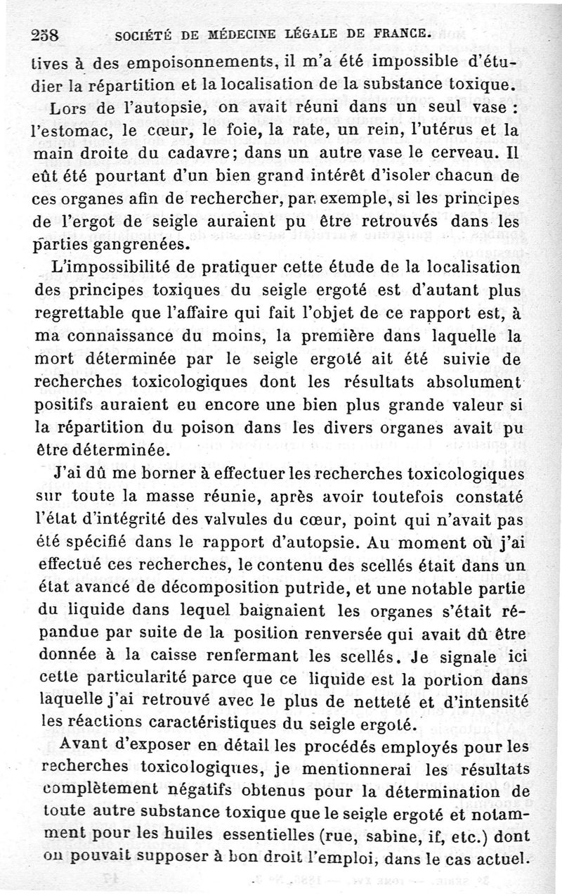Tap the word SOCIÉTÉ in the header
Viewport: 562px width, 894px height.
pos(142,34)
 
